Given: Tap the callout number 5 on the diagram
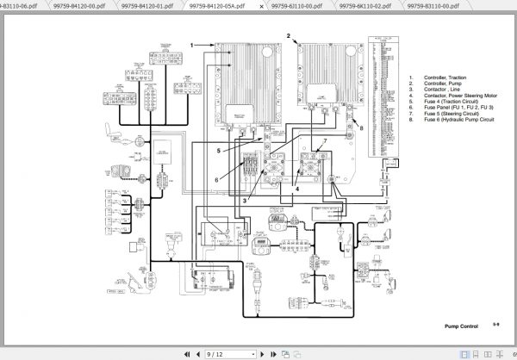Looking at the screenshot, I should tap(218, 149).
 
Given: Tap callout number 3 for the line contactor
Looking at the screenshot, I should tap(244, 200).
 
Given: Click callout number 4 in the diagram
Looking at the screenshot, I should tap(298, 187).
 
